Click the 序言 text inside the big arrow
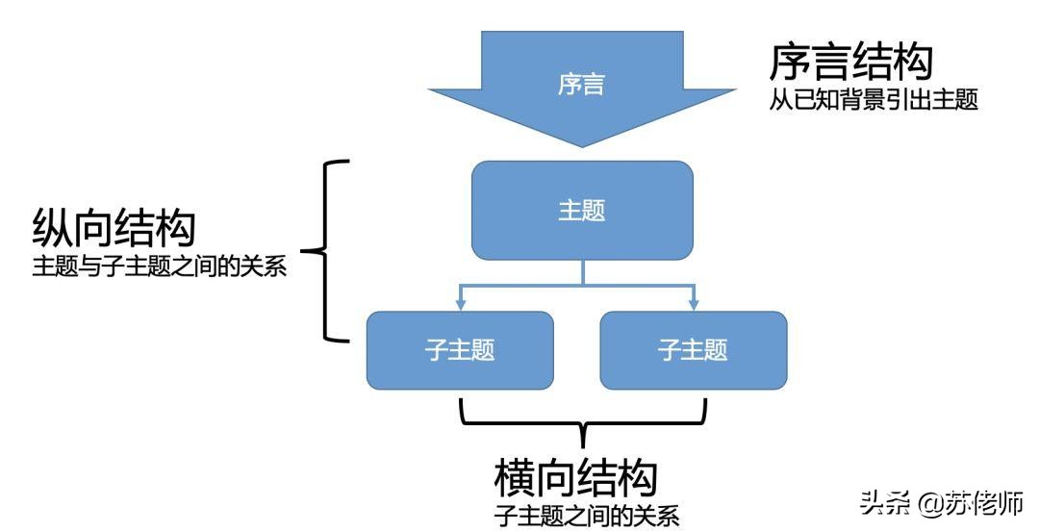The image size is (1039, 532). coord(581,85)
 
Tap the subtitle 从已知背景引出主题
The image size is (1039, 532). coord(873,100)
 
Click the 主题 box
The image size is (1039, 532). coord(581,211)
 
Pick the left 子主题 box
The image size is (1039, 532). coord(460,350)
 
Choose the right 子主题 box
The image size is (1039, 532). coord(693,350)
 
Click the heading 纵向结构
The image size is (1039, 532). coord(114,229)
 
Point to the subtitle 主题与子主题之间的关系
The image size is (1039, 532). coord(160,266)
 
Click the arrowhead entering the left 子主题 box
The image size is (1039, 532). coord(461,304)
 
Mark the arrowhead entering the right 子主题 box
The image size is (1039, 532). coord(694,304)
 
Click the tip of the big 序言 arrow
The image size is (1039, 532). coord(581,145)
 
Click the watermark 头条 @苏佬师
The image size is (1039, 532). coord(942,501)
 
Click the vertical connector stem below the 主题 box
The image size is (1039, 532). coord(581,273)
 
